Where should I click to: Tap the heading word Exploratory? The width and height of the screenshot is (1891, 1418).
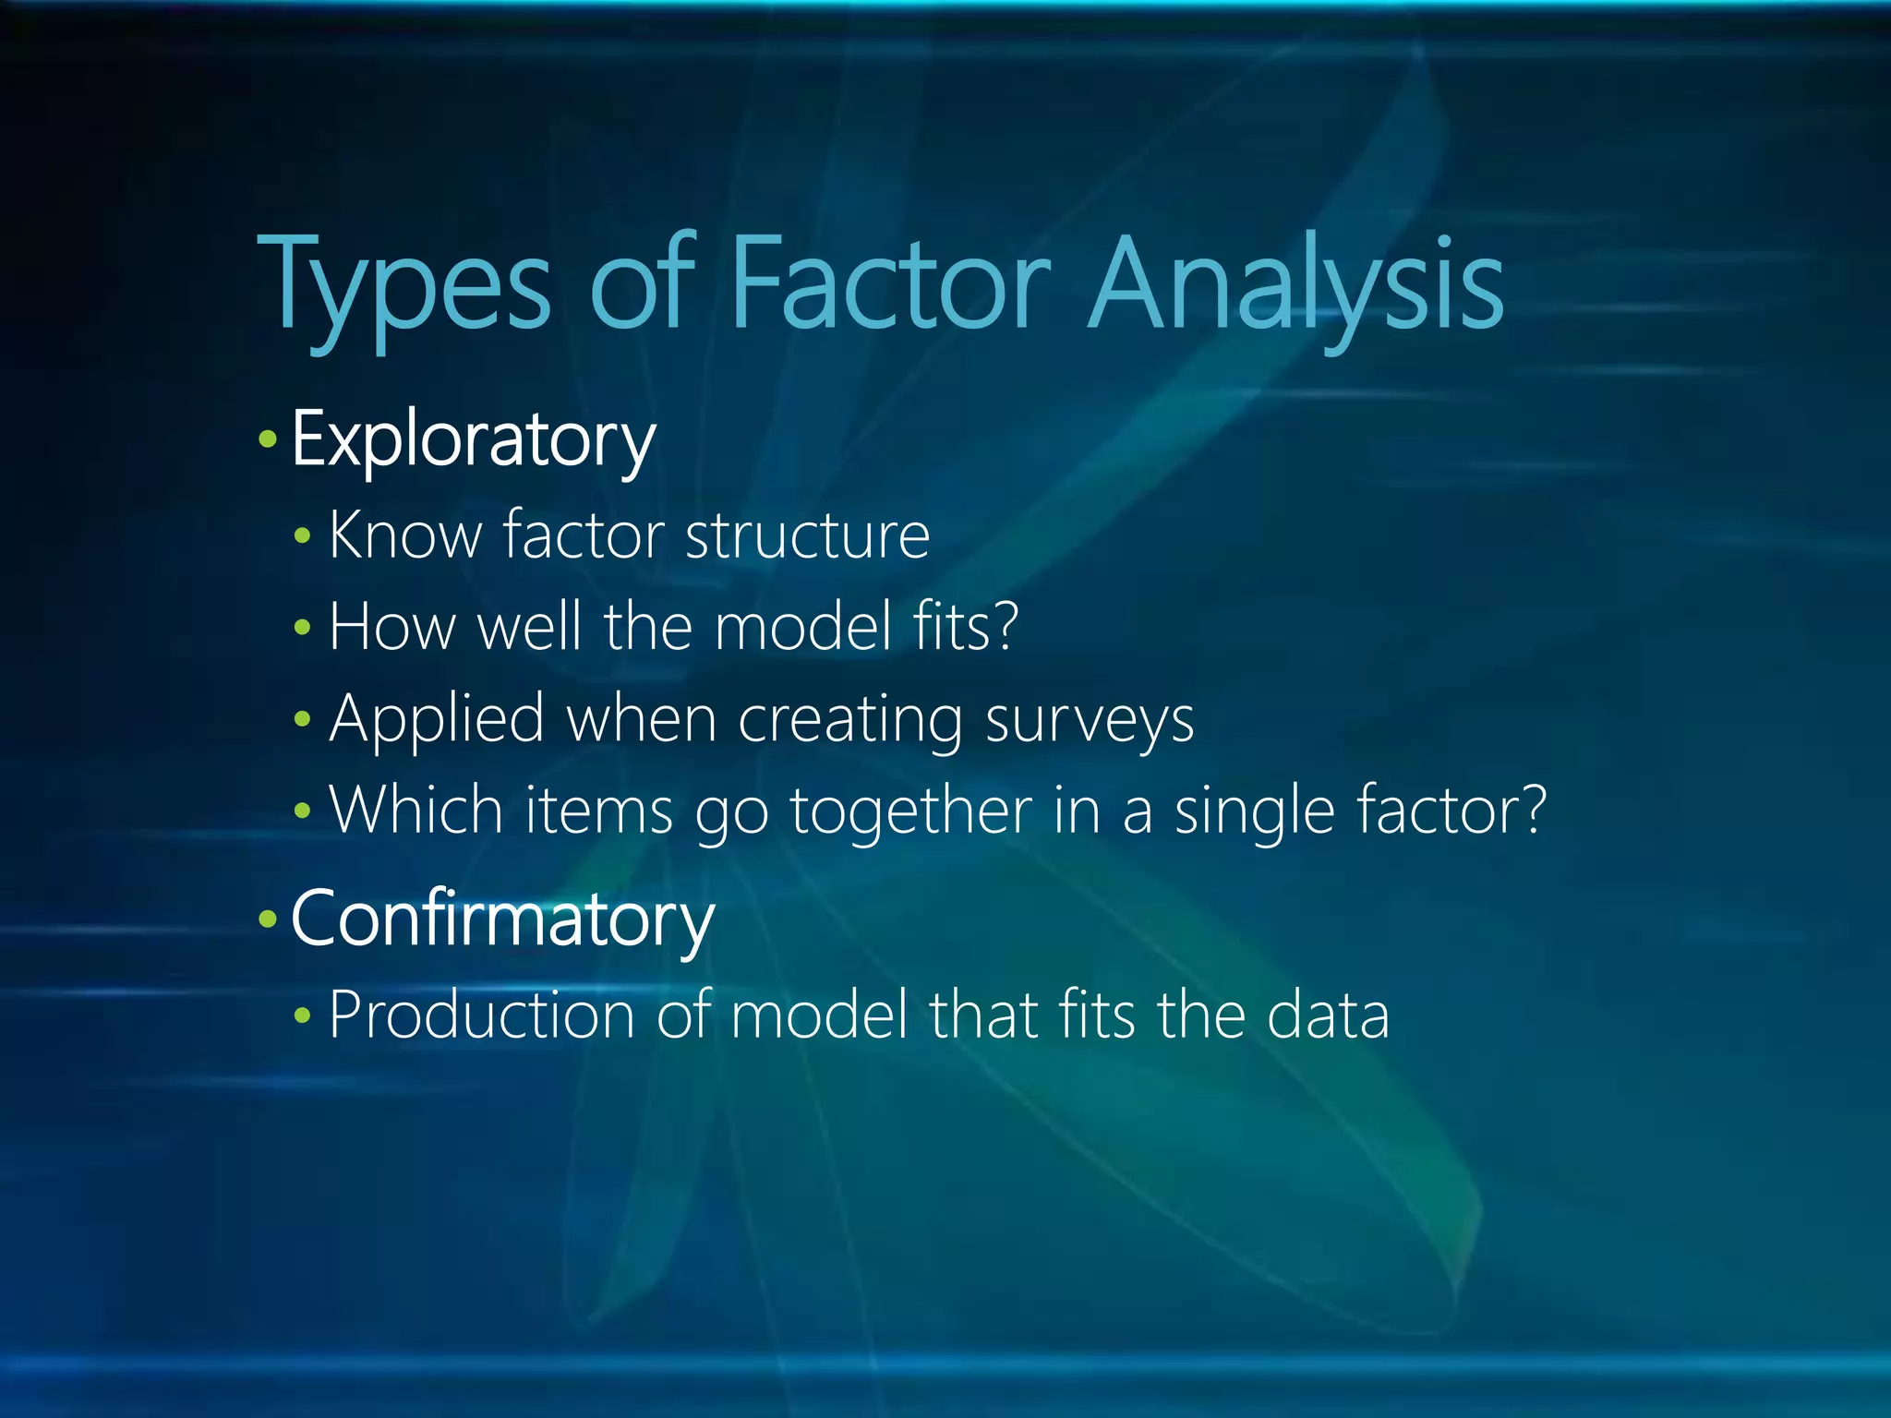point(473,440)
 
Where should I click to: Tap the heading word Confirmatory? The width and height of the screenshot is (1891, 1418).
point(502,919)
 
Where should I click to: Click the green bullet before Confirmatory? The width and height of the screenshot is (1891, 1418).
point(268,919)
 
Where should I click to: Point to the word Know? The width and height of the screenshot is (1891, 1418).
point(404,535)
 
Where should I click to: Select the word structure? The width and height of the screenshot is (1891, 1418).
point(807,536)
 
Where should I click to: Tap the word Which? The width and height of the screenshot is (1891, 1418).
point(416,810)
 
